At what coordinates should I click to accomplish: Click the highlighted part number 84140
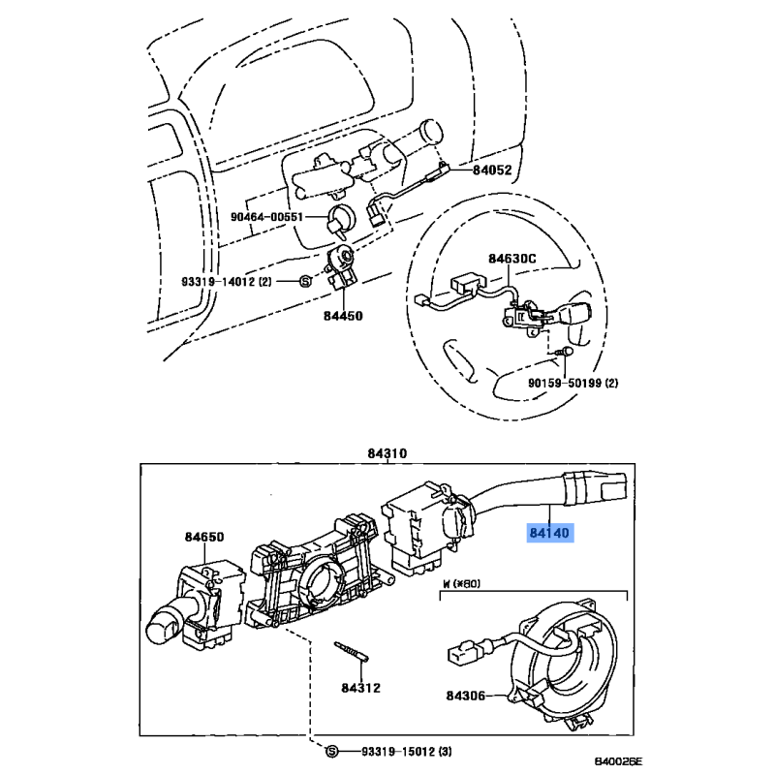click(x=549, y=533)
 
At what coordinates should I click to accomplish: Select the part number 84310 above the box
click(x=387, y=453)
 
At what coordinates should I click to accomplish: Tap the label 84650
click(x=204, y=537)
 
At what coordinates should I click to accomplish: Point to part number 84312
click(x=360, y=688)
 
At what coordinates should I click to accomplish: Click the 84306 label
click(x=466, y=696)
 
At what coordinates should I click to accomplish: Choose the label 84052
click(x=492, y=170)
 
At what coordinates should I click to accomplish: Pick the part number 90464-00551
click(x=267, y=216)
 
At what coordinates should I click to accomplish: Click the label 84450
click(x=343, y=316)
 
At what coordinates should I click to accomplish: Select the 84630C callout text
click(x=512, y=259)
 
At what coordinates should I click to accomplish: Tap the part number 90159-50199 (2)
click(x=573, y=383)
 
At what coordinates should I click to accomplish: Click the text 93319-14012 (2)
click(x=227, y=282)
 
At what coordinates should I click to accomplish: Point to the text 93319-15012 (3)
click(x=406, y=752)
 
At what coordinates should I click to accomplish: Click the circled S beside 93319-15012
click(x=332, y=752)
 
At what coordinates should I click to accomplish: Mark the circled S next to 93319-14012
click(x=306, y=282)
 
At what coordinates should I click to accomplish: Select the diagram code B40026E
click(x=618, y=761)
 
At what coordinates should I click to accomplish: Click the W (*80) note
click(x=461, y=584)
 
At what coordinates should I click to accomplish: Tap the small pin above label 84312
click(x=352, y=651)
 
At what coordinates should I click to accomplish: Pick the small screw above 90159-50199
click(x=566, y=352)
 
